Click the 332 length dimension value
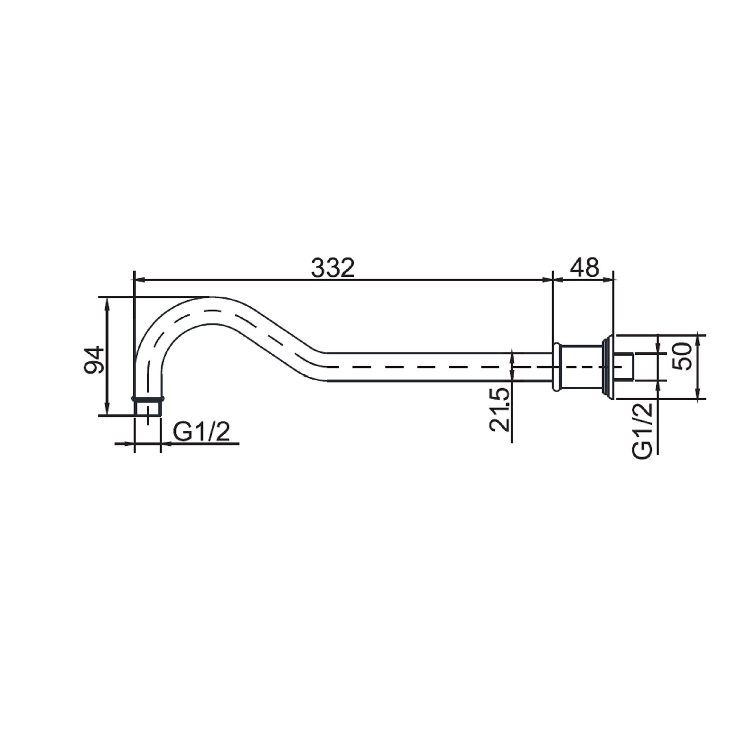(333, 268)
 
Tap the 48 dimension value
(584, 268)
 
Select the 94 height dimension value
(94, 359)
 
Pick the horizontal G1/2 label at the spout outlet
(201, 432)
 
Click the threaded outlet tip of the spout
(148, 408)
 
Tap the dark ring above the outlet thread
(148, 399)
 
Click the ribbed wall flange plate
(607, 366)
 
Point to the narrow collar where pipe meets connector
(556, 366)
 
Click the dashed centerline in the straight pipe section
(426, 367)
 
